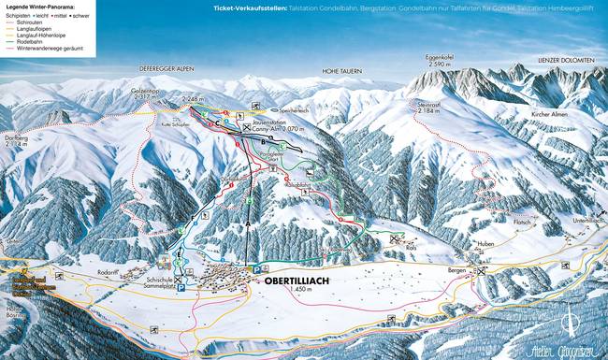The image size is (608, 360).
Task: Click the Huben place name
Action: pos(484,247)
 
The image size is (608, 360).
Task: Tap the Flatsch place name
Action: pos(522,223)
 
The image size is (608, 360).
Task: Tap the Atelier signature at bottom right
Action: pos(565,351)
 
